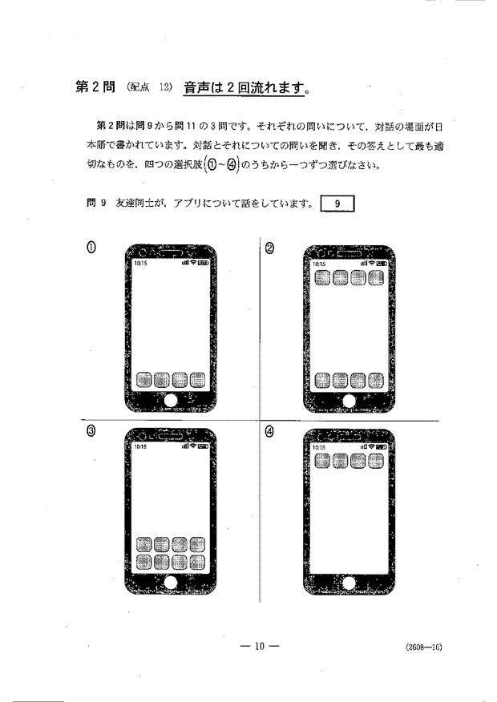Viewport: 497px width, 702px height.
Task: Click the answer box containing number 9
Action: click(x=337, y=204)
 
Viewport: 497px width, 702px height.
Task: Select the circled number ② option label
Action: click(x=270, y=248)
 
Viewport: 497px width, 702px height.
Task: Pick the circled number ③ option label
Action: click(x=92, y=431)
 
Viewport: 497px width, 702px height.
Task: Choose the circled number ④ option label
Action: click(x=270, y=431)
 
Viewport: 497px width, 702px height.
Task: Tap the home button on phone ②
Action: click(x=348, y=398)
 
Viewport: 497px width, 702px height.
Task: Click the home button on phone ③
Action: click(x=170, y=580)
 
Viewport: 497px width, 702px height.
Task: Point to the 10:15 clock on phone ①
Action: click(x=140, y=262)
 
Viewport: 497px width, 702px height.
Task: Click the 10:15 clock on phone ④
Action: click(x=318, y=446)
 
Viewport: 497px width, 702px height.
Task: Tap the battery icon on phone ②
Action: click(x=382, y=262)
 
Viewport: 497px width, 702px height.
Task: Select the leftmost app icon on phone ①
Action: click(x=143, y=379)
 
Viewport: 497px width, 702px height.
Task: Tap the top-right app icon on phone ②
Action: click(x=375, y=278)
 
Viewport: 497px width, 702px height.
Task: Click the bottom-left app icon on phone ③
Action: click(x=143, y=561)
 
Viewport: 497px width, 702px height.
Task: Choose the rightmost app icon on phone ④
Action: click(x=375, y=461)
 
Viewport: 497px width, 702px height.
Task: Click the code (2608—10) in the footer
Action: click(x=423, y=648)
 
